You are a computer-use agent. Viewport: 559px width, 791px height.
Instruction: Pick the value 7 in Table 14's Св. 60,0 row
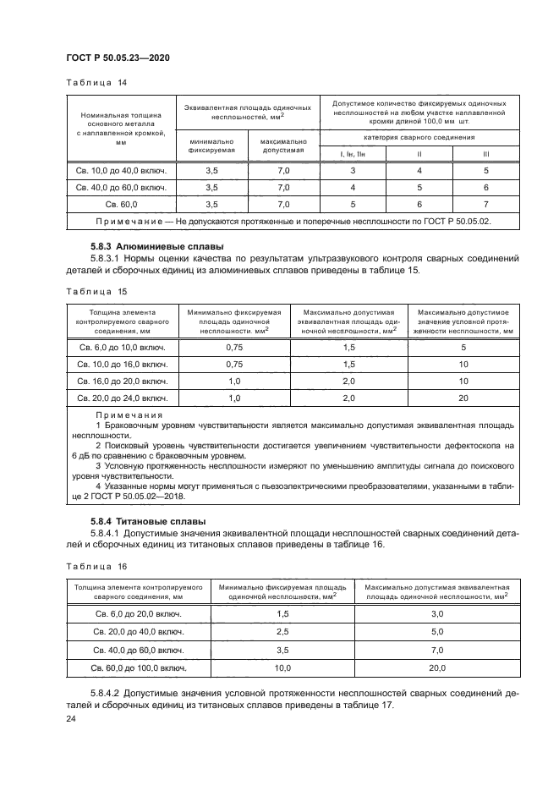[485, 205]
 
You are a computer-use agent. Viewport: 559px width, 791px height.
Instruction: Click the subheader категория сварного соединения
[419, 136]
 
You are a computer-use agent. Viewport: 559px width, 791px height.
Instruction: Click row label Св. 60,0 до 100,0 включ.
[139, 667]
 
